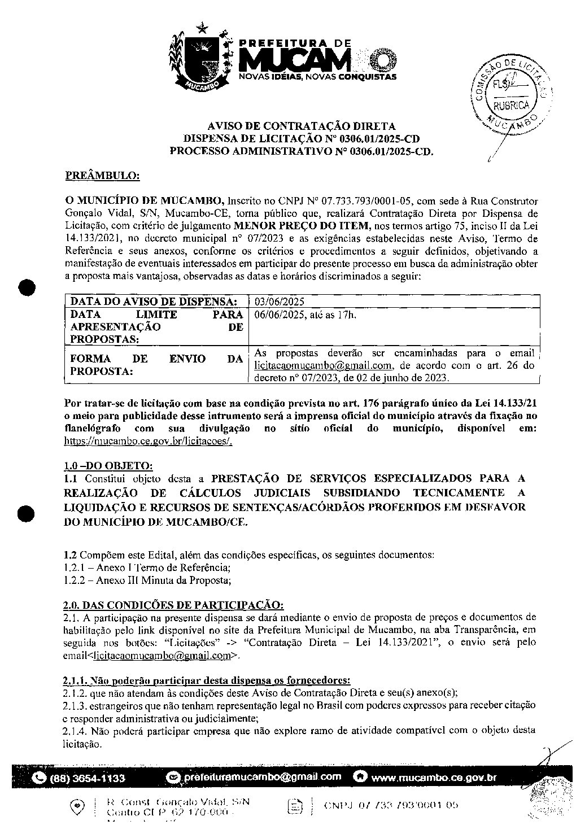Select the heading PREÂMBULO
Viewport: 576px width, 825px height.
103,176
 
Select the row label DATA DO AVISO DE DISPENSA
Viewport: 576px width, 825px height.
151,302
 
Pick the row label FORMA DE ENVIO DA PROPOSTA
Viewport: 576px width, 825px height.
156,365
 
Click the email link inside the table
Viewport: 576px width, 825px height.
313,366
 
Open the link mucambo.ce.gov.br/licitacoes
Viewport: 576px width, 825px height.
148,440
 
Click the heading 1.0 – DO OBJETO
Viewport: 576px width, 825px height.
107,466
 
